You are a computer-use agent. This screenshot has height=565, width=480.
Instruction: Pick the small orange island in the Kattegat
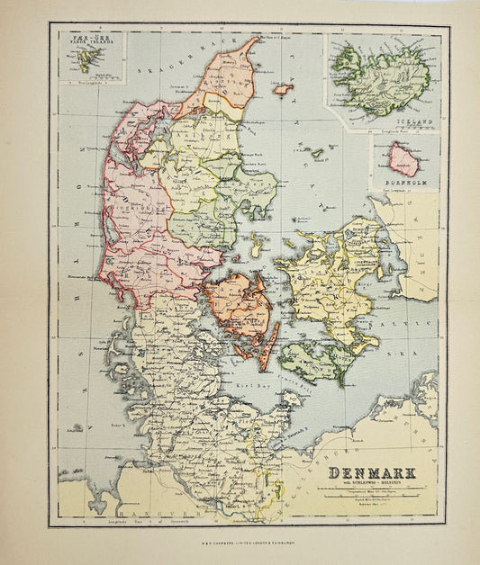pyautogui.click(x=283, y=89)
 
